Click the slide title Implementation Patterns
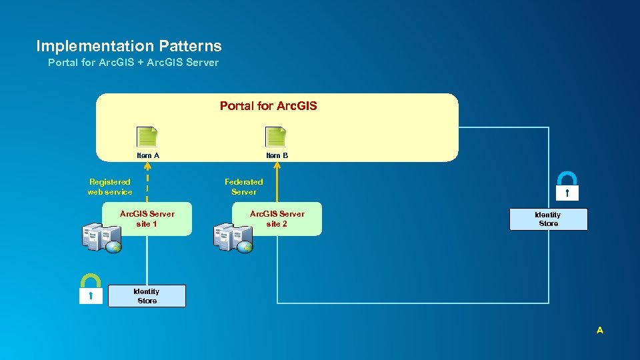point(129,46)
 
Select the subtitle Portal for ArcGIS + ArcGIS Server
point(133,63)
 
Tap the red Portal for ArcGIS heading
point(269,105)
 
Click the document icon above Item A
point(147,137)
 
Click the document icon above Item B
point(276,137)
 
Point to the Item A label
point(148,155)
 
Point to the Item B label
point(277,155)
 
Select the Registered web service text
point(110,187)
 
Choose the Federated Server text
point(243,187)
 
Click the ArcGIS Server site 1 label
point(147,219)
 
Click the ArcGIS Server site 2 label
point(277,219)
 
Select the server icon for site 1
point(101,238)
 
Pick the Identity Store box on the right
point(548,219)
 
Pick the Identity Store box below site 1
point(147,296)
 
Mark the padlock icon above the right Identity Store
point(567,185)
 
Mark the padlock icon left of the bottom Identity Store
point(91,289)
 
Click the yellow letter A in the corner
point(600,330)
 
